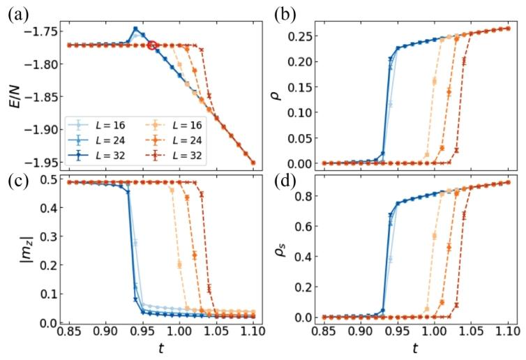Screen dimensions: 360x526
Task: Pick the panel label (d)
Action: tap(282, 183)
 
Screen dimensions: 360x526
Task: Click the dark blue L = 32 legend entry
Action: tap(95, 154)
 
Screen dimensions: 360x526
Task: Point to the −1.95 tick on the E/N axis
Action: tap(45, 163)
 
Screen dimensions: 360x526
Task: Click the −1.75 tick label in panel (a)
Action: tap(45, 31)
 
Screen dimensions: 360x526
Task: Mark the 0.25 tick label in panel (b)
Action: tap(306, 34)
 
